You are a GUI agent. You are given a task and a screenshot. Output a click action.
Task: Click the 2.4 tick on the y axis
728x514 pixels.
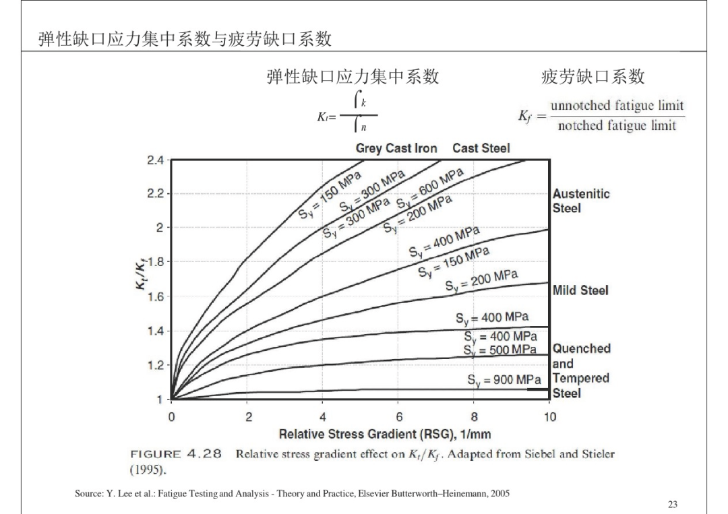coord(155,160)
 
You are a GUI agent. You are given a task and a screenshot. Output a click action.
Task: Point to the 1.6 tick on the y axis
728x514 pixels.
coord(155,296)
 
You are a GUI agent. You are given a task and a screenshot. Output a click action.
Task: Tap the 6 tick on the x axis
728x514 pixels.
coord(399,416)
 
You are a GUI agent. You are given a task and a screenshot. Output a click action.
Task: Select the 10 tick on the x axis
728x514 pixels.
coord(550,416)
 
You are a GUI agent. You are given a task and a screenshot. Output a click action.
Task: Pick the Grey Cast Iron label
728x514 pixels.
coord(396,148)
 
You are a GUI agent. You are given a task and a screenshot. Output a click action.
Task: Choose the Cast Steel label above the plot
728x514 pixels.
coord(481,148)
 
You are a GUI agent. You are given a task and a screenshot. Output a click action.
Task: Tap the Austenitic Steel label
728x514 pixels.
coord(581,201)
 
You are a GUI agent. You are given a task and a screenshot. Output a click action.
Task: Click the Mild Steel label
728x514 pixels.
coord(580,290)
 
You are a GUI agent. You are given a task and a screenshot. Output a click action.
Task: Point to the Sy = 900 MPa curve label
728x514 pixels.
coord(504,381)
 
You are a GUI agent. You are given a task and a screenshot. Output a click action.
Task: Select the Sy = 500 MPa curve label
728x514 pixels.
coord(500,350)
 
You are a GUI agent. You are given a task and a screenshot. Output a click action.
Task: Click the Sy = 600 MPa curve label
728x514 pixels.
coord(429,189)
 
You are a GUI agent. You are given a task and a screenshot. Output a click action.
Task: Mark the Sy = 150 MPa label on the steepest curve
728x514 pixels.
coord(329,195)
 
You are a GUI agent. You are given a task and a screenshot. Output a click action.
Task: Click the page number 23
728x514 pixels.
coord(672,505)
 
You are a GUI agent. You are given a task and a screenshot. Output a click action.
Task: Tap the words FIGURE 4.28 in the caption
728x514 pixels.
coord(176,453)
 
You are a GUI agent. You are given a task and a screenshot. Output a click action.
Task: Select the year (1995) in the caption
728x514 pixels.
coord(148,470)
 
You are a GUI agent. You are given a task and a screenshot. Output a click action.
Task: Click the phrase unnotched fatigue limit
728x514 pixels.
coord(617,105)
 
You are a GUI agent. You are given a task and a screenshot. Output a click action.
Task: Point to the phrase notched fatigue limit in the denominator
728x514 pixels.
coord(617,125)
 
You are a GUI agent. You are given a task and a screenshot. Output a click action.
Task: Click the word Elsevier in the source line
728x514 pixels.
coord(372,494)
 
